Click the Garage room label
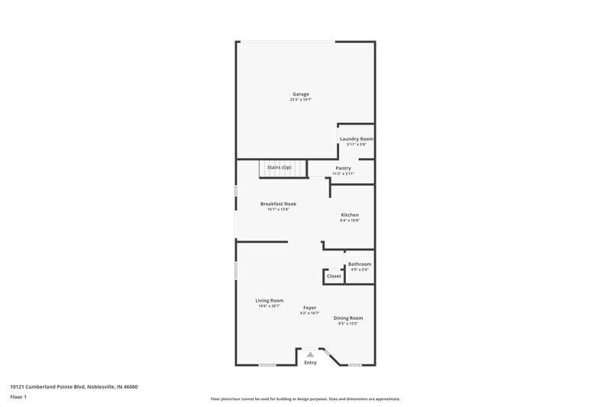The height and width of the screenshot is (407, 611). point(300,94)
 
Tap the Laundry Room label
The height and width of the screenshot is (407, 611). point(357,138)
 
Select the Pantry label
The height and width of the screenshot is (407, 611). point(343,168)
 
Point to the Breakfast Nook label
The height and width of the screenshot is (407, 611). point(278,204)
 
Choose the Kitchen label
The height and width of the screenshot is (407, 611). point(350,215)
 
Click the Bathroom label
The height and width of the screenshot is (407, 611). point(360,263)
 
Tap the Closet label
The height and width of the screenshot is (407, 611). point(334,276)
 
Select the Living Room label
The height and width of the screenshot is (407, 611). point(269,300)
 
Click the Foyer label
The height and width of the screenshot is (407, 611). point(309,307)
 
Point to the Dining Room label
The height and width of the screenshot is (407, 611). point(348,318)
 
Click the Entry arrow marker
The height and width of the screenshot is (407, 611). point(309,354)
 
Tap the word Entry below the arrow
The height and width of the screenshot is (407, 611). point(310,363)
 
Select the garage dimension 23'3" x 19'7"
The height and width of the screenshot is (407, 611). point(300,100)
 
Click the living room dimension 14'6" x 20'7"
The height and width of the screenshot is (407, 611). point(268,306)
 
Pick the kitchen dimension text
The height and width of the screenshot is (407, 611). point(350,221)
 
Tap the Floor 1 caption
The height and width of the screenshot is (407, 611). point(19,398)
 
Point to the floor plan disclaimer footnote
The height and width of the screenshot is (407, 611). point(305,399)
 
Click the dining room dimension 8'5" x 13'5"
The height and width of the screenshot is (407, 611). point(348,324)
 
